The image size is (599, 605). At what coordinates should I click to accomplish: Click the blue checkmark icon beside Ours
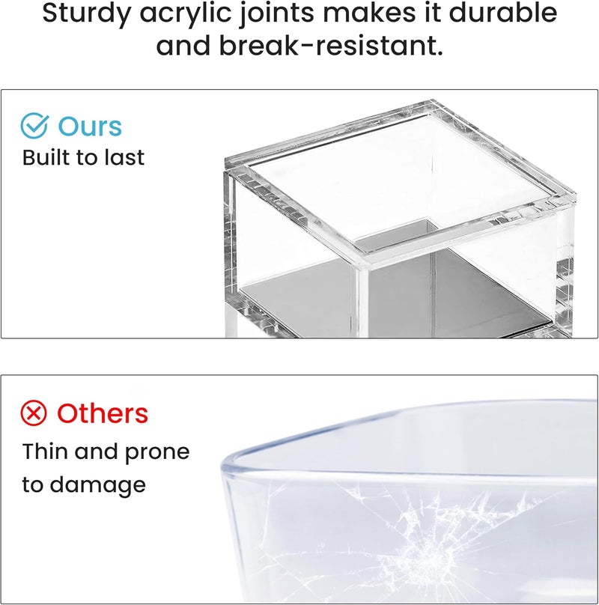pos(34,125)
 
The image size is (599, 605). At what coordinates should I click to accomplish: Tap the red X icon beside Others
pos(34,413)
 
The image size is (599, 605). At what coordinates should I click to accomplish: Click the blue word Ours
pos(90,127)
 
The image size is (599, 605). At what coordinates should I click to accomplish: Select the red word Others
pos(103,413)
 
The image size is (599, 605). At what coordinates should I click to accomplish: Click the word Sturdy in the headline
pos(87,14)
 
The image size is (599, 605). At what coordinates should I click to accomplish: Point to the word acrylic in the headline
pos(187,14)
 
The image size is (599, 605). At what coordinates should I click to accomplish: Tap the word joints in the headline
pos(277,14)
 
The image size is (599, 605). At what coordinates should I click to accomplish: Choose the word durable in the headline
pos(503,12)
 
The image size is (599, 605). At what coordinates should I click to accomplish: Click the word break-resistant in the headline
pos(331,46)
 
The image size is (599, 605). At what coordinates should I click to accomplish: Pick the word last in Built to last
pos(126,157)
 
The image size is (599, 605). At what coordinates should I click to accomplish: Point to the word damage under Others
pos(98,485)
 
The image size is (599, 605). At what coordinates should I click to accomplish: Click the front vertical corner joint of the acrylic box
pos(359,301)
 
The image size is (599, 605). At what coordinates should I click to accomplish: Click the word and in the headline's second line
pos(183,46)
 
